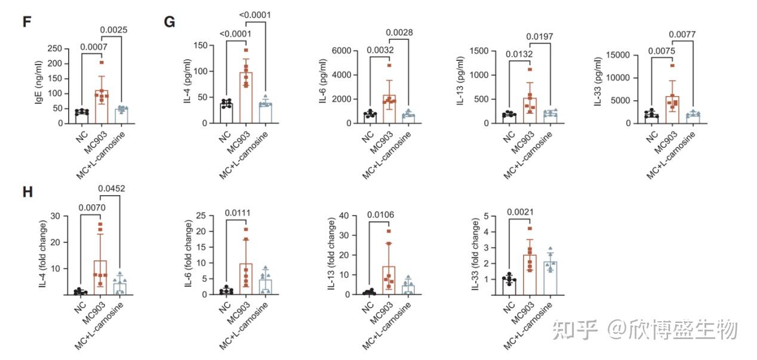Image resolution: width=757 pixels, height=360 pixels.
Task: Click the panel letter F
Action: click(x=26, y=21)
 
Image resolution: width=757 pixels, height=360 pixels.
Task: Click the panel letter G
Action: click(x=169, y=21)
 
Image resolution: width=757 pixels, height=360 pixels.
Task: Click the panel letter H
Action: click(x=26, y=192)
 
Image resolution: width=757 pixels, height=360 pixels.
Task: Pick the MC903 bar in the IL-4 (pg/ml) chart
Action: click(x=245, y=97)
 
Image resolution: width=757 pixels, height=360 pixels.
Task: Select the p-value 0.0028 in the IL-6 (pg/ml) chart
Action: click(x=400, y=32)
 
